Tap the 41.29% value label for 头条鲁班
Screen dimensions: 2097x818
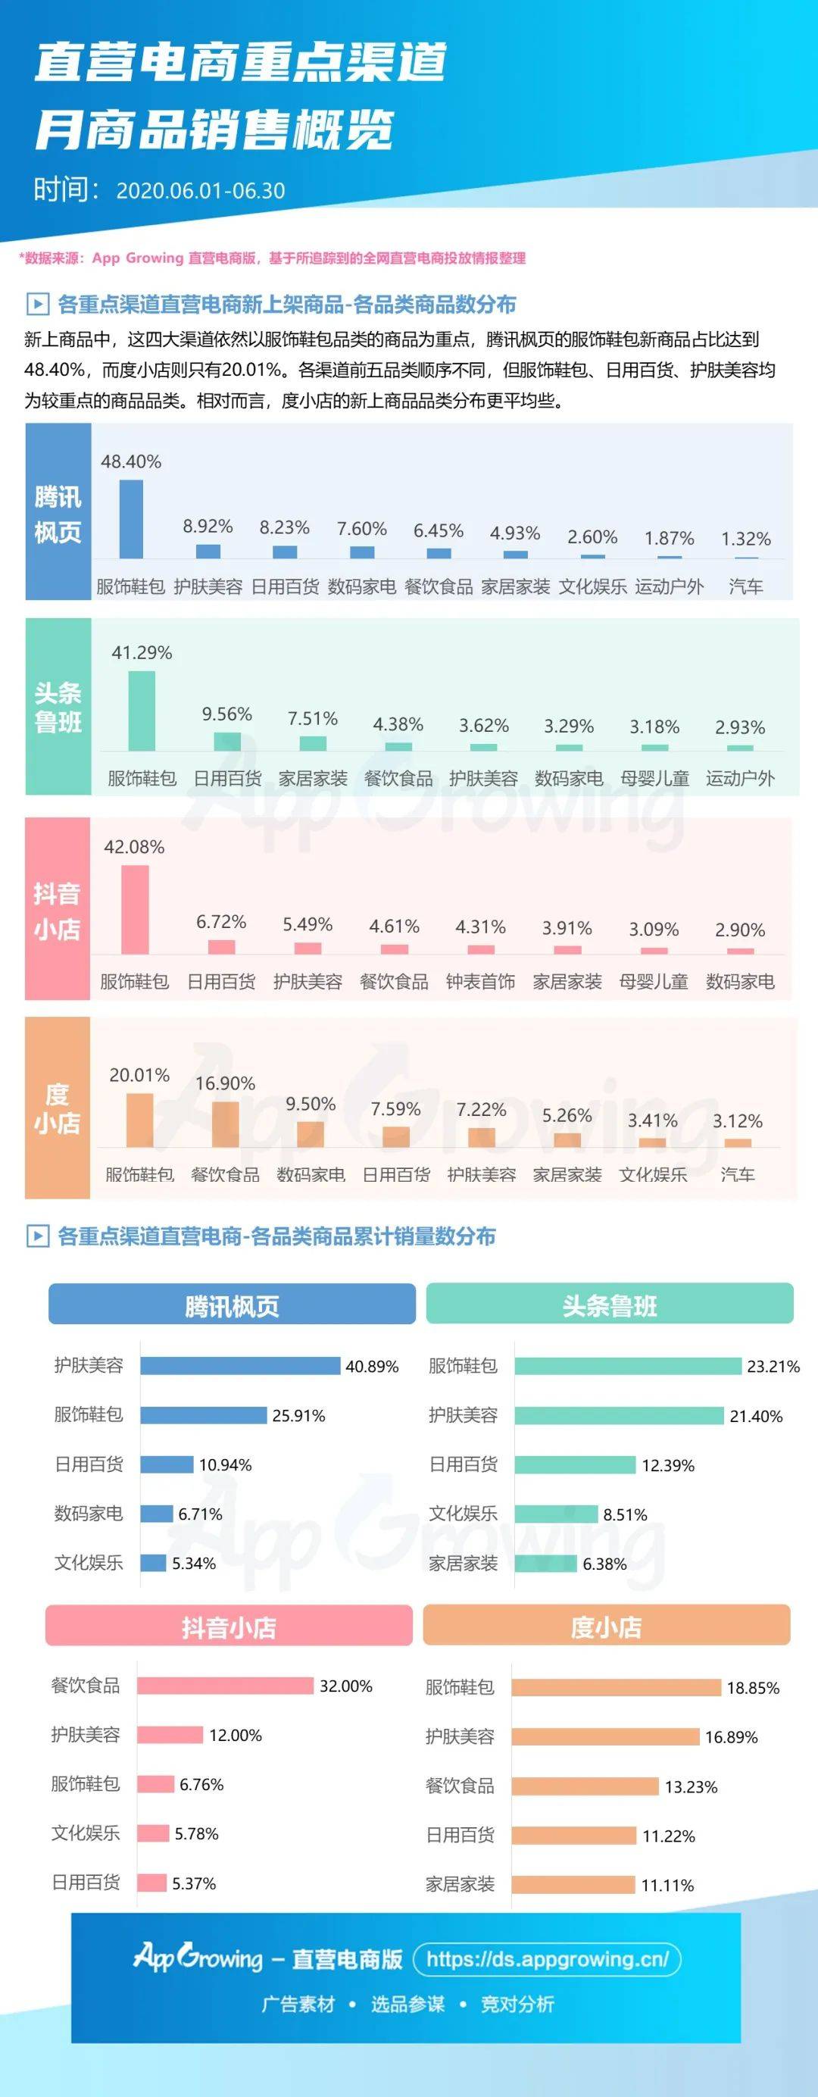tap(142, 653)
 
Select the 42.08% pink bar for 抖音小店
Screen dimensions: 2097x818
tap(135, 908)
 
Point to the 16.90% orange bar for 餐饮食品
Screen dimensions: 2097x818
tap(226, 1124)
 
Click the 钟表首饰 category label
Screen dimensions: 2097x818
tap(480, 982)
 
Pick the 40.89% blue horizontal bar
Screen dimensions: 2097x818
tap(239, 1366)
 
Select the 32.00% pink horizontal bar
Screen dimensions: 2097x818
tap(225, 1686)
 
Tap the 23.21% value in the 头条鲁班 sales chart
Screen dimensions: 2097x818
tap(773, 1367)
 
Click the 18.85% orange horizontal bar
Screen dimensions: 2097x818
tap(616, 1688)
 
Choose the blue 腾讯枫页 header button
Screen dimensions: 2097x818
tap(232, 1306)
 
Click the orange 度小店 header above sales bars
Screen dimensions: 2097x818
tap(607, 1627)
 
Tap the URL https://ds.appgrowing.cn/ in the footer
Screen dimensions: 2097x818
tap(547, 1959)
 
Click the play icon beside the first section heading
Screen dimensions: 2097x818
tap(37, 305)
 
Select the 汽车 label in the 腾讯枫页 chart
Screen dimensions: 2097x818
tap(745, 587)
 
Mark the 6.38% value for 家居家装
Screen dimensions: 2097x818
tap(604, 1564)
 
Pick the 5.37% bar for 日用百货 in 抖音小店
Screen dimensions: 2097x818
tap(151, 1883)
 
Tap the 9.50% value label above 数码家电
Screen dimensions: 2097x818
tap(310, 1105)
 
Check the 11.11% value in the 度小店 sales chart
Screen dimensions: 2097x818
tap(667, 1886)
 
